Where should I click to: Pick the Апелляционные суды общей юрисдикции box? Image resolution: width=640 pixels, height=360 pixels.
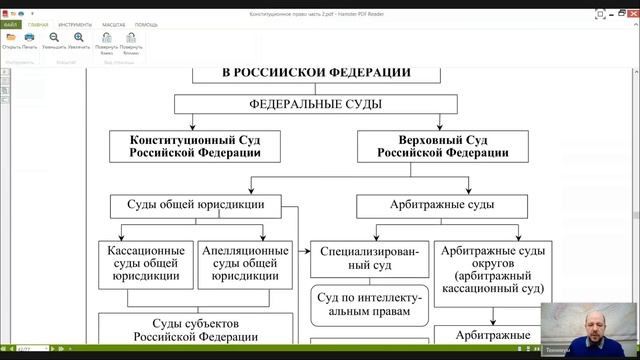[245, 262]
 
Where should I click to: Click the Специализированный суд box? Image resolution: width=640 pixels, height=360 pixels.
[370, 262]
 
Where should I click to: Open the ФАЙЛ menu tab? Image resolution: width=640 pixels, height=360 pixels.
[11, 23]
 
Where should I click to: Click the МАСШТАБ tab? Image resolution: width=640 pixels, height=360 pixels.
[113, 23]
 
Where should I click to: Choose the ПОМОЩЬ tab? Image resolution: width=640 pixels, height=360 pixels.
[146, 23]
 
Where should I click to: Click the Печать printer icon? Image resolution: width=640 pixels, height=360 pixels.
[30, 38]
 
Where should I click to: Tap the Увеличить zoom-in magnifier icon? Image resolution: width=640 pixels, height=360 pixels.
[78, 38]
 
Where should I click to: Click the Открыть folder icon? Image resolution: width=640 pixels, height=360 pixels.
[10, 38]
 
